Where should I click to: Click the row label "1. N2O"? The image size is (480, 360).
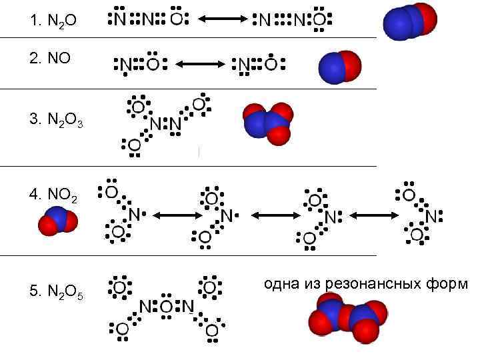tap(53, 22)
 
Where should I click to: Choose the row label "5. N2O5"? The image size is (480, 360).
tap(57, 292)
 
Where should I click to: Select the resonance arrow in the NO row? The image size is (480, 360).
tap(201, 65)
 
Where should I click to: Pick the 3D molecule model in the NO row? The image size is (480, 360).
tap(340, 67)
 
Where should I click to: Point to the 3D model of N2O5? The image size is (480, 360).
tap(347, 320)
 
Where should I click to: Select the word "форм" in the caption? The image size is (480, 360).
tap(451, 285)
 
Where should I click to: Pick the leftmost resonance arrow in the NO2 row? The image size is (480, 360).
tap(174, 215)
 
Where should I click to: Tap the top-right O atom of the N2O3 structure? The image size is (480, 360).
tap(198, 105)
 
